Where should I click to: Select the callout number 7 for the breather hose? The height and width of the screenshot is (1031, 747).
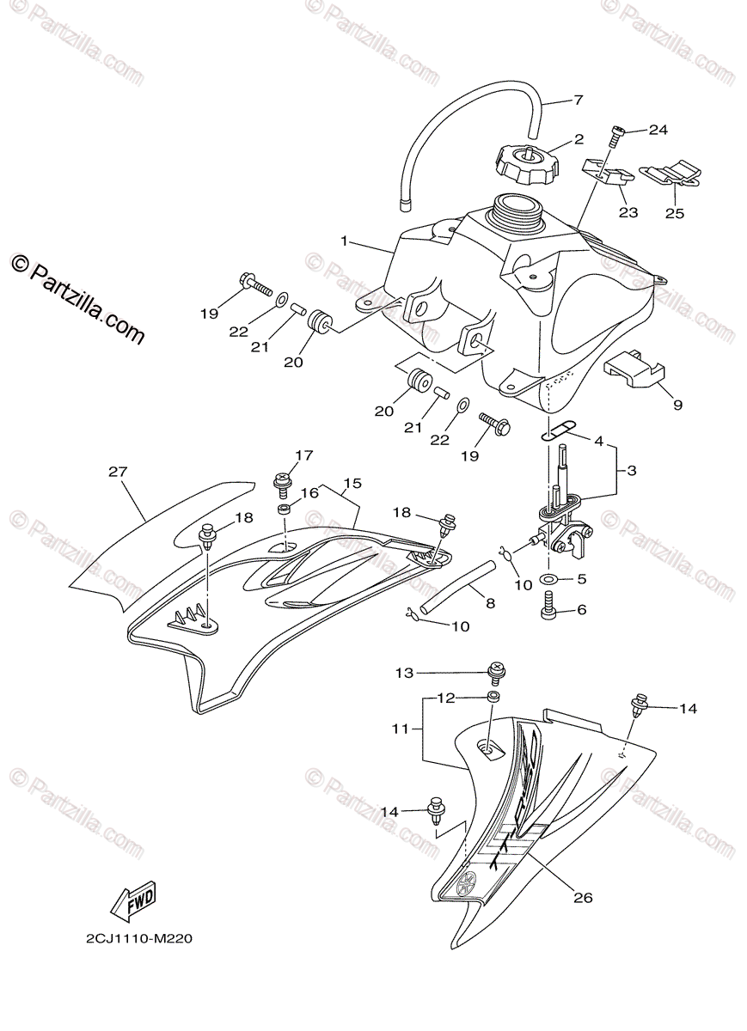pyautogui.click(x=578, y=101)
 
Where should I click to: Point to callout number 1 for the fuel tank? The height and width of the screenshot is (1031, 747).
pyautogui.click(x=344, y=241)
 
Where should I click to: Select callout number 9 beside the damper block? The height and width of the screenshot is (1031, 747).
pyautogui.click(x=678, y=404)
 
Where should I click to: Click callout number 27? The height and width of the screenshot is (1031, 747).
pyautogui.click(x=118, y=471)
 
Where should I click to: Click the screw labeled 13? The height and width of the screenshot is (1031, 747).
pyautogui.click(x=496, y=670)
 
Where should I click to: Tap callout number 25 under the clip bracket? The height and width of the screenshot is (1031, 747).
pyautogui.click(x=675, y=213)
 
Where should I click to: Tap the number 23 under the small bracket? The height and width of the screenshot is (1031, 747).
pyautogui.click(x=628, y=212)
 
